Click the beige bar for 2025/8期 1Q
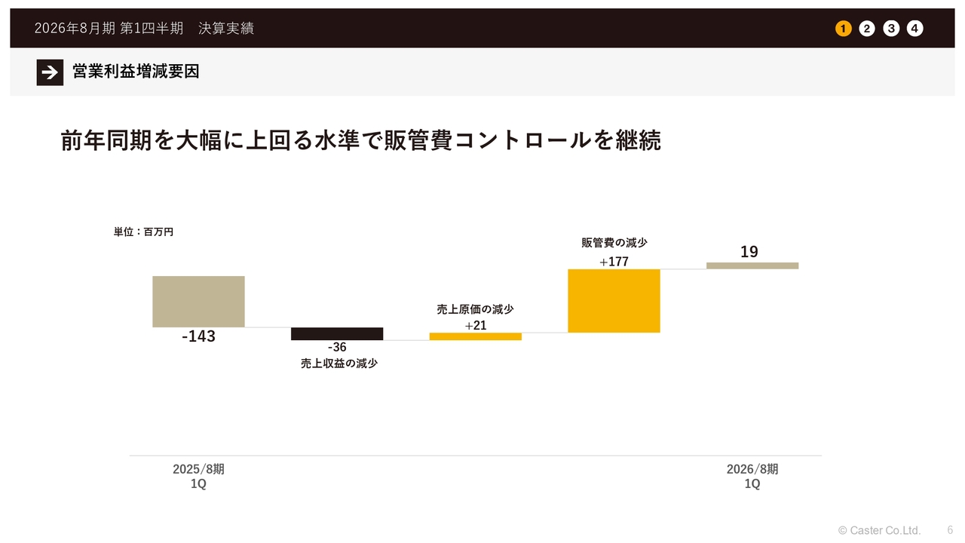click(198, 302)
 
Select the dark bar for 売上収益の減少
click(337, 334)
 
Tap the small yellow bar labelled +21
click(475, 336)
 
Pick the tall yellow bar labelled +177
click(614, 301)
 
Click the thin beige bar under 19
click(752, 265)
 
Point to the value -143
click(198, 336)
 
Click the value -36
click(337, 348)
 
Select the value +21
click(475, 326)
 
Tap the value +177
click(614, 262)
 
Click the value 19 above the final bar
click(749, 252)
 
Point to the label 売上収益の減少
click(339, 364)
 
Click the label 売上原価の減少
click(475, 309)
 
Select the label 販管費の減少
click(614, 243)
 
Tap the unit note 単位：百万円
click(143, 232)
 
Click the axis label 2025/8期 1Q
click(198, 476)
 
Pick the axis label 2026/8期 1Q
click(752, 476)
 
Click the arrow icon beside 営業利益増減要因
click(50, 72)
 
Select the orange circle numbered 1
click(843, 29)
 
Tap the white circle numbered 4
click(914, 29)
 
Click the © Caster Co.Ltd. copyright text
click(879, 530)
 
